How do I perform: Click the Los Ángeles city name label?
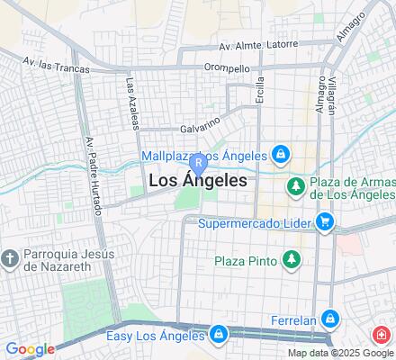coord(196,180)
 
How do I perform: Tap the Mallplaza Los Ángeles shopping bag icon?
coord(281,154)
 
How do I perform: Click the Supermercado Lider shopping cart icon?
coord(325,221)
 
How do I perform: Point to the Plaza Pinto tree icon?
coord(291,261)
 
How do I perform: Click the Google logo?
coord(30,349)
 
